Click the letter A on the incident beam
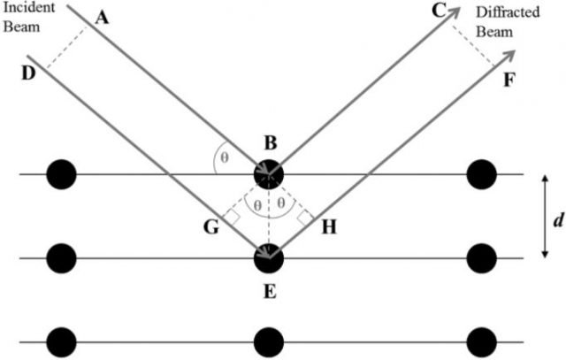click(102, 18)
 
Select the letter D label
click(28, 73)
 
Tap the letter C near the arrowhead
click(439, 11)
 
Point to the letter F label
click(509, 80)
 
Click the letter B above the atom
click(271, 142)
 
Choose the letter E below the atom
click(270, 291)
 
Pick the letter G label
click(211, 227)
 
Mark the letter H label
click(329, 227)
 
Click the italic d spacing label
click(558, 219)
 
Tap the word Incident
click(29, 7)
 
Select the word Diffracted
click(508, 12)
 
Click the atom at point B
click(269, 174)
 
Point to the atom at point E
click(269, 258)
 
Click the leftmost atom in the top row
click(62, 174)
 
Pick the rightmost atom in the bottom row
click(481, 342)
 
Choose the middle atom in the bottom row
click(269, 342)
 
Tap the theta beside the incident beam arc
click(225, 157)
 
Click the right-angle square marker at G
click(232, 218)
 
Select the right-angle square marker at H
click(306, 218)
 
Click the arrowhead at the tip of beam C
click(455, 12)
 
